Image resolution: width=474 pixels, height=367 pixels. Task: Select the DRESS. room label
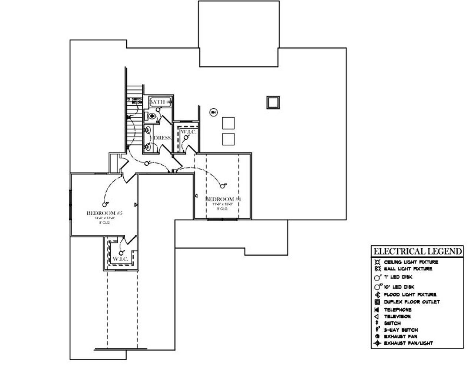(x=163, y=138)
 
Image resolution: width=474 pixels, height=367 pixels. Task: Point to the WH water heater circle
(x=213, y=112)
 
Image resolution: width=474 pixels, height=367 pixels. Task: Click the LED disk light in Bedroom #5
(x=104, y=204)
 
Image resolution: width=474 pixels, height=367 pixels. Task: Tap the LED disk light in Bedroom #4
(x=223, y=186)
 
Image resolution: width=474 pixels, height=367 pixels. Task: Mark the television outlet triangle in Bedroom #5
(x=136, y=204)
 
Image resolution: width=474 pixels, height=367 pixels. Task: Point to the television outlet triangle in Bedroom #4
(x=196, y=195)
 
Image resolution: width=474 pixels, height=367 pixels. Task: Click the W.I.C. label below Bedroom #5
(x=120, y=259)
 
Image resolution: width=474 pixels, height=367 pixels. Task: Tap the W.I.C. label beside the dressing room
(x=188, y=132)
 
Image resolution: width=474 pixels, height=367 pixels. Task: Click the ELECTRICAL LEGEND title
(x=417, y=251)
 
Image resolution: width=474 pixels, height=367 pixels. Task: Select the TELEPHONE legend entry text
(x=397, y=309)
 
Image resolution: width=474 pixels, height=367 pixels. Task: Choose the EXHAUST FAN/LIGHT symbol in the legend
(x=377, y=343)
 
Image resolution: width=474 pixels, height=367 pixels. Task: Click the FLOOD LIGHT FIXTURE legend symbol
(x=377, y=295)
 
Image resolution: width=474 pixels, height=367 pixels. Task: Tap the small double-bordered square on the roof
(x=273, y=102)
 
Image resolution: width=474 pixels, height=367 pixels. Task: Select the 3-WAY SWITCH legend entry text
(x=401, y=330)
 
